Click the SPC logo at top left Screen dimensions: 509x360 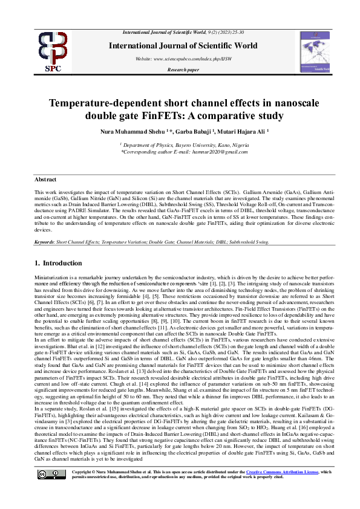[x=53, y=50]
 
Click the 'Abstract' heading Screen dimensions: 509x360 [x=45, y=180]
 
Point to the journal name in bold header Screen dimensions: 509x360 [x=182, y=45]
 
